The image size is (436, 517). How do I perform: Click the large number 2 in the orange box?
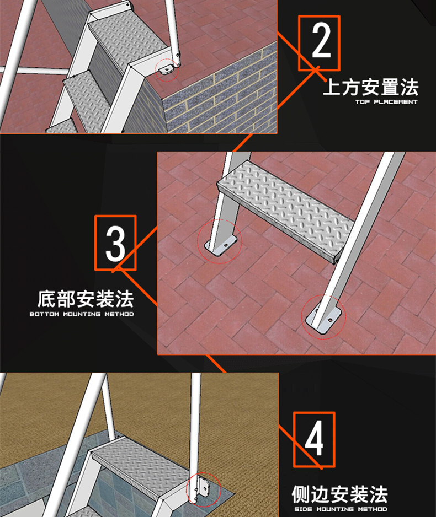[319, 43]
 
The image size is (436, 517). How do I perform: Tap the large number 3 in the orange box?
[115, 243]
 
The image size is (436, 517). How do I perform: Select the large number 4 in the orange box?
[314, 439]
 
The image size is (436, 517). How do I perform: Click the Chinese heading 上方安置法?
[370, 87]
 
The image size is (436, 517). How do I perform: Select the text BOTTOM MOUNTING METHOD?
[82, 314]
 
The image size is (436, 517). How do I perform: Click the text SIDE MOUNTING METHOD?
[340, 509]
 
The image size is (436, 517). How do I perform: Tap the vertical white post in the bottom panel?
[196, 424]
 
